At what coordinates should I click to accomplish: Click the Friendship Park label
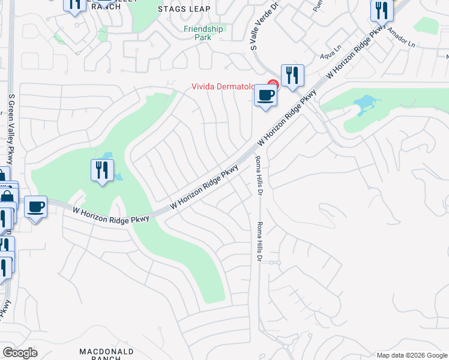tap(203, 32)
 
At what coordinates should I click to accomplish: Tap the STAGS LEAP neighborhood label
tap(184, 8)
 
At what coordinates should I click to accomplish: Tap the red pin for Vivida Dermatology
tap(273, 85)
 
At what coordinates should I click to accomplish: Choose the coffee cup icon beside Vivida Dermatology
tap(265, 95)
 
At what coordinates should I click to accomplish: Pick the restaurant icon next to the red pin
tap(292, 76)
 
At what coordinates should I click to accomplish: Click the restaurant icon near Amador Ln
tap(379, 10)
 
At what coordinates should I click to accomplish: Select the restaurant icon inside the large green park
tap(102, 170)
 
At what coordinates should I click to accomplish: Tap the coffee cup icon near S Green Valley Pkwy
tap(36, 208)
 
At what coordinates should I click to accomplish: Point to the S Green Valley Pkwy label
tap(10, 129)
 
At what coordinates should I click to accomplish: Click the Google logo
tap(20, 353)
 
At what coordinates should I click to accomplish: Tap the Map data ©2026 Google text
tap(411, 355)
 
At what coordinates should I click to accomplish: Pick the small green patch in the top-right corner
tap(426, 25)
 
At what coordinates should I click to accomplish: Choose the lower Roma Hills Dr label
tap(260, 241)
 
